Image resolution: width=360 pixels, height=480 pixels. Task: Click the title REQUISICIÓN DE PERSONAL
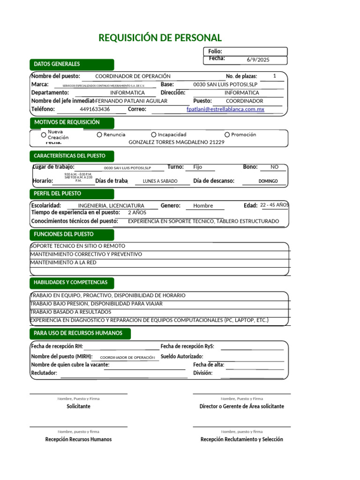[x=160, y=38]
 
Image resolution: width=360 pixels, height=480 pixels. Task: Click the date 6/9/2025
[x=258, y=60]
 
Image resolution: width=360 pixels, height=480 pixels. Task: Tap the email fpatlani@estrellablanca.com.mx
[x=225, y=109]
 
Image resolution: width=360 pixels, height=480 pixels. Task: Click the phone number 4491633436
[x=95, y=109]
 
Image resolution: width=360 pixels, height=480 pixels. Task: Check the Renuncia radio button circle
[x=99, y=135]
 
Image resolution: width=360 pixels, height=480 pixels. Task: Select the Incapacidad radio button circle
[x=154, y=135]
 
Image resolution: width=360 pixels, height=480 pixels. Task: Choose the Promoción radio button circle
[x=227, y=135]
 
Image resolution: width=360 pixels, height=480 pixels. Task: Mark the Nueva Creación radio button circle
[x=44, y=135]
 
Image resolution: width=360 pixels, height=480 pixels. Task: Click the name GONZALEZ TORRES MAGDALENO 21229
[x=176, y=142]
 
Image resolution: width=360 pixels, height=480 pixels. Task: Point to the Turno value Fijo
[x=198, y=167]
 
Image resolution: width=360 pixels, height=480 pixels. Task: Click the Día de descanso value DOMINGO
[x=268, y=181]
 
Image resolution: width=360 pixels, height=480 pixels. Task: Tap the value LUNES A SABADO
[x=160, y=181]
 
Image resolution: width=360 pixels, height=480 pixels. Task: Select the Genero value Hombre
[x=203, y=206]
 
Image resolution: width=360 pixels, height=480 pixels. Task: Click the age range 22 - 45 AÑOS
[x=275, y=205]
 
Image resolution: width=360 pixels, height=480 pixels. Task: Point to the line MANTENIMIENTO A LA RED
[x=63, y=262]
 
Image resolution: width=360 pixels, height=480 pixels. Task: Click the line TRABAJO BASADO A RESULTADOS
[x=71, y=312]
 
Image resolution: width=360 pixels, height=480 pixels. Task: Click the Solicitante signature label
[x=78, y=406]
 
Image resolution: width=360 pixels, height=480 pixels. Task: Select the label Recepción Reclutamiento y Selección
[x=241, y=439]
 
